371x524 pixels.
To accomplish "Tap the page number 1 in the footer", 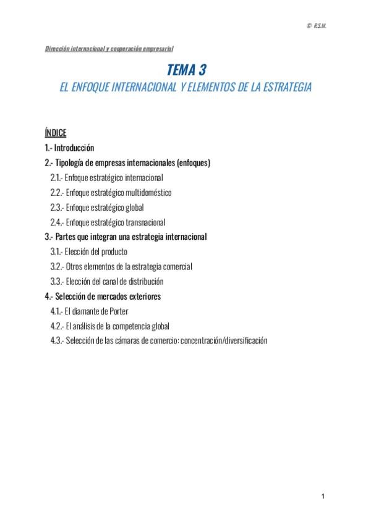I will [323, 496].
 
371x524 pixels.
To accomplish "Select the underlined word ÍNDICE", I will [56, 133].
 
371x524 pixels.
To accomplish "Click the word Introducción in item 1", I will [74, 148].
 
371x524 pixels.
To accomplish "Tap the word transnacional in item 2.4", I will [145, 222].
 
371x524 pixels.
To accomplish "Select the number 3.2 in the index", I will [57, 266].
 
